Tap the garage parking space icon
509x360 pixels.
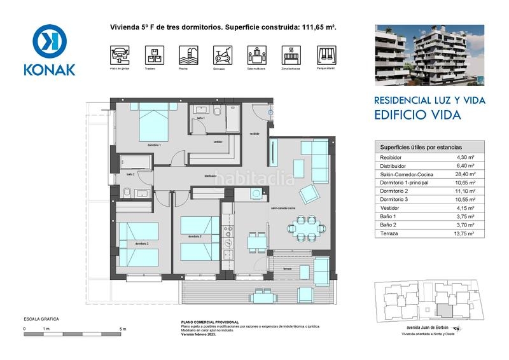[x=118, y=53]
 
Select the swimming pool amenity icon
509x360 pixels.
[x=187, y=53]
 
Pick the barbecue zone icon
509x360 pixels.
[x=289, y=53]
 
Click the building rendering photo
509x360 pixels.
[x=429, y=55]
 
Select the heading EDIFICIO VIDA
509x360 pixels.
[x=417, y=115]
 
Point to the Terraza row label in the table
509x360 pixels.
[x=389, y=233]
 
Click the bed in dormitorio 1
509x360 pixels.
[x=153, y=124]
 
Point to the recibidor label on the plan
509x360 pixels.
[x=255, y=134]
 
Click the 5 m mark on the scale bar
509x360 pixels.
[x=123, y=329]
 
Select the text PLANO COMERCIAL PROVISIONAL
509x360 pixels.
[x=210, y=322]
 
